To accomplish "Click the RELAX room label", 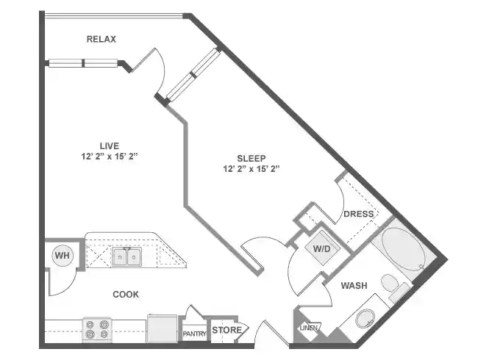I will coord(101,39).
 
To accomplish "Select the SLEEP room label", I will coord(252,158).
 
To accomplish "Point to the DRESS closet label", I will coord(358,214).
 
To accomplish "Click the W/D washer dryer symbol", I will coord(322,248).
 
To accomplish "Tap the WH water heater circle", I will coord(61,256).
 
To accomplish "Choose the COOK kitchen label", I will coord(126,295).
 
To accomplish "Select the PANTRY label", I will coord(195,334).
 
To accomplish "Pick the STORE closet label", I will coord(226,331).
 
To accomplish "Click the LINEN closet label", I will coord(308,328).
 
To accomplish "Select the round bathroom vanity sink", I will coord(364,320).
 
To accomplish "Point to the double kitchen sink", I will coord(126,256).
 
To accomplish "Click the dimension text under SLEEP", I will coord(252,169).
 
